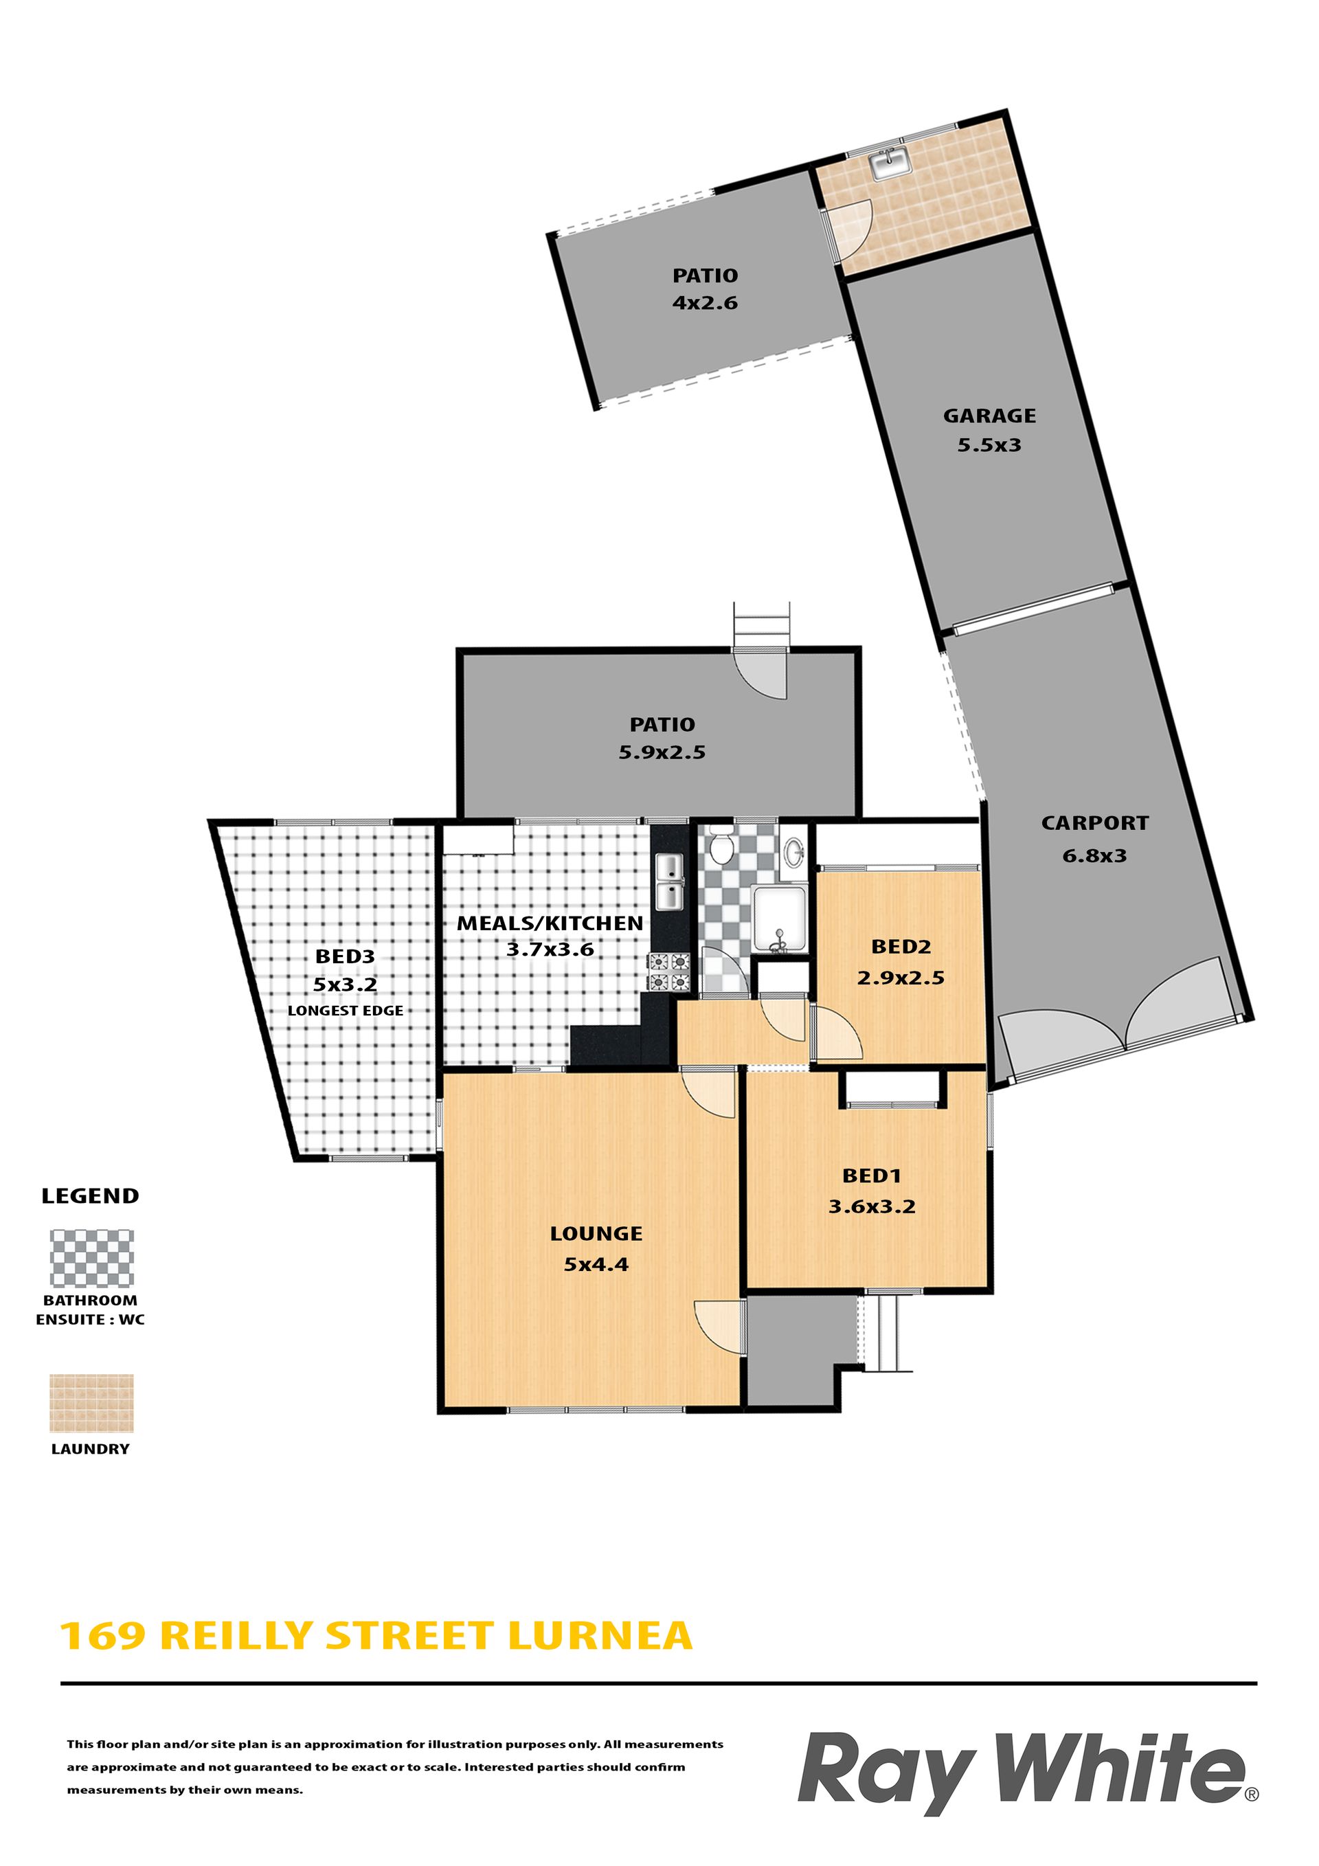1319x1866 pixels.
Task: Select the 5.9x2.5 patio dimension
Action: (x=662, y=752)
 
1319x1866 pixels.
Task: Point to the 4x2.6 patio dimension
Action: (x=705, y=303)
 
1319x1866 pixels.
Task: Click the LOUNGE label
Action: (x=596, y=1234)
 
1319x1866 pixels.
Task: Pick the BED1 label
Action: (x=871, y=1176)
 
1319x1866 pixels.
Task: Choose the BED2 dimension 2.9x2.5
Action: (x=901, y=978)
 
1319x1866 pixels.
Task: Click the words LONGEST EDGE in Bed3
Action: (x=346, y=1011)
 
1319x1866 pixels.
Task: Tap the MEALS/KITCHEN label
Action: (x=550, y=923)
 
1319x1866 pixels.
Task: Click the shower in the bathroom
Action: (x=779, y=919)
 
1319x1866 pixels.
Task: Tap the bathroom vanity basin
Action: (x=795, y=853)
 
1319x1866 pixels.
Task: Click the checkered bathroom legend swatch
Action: (x=92, y=1258)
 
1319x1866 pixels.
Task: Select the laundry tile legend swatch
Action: (x=92, y=1404)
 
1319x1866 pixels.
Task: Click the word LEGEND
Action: (x=90, y=1196)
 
